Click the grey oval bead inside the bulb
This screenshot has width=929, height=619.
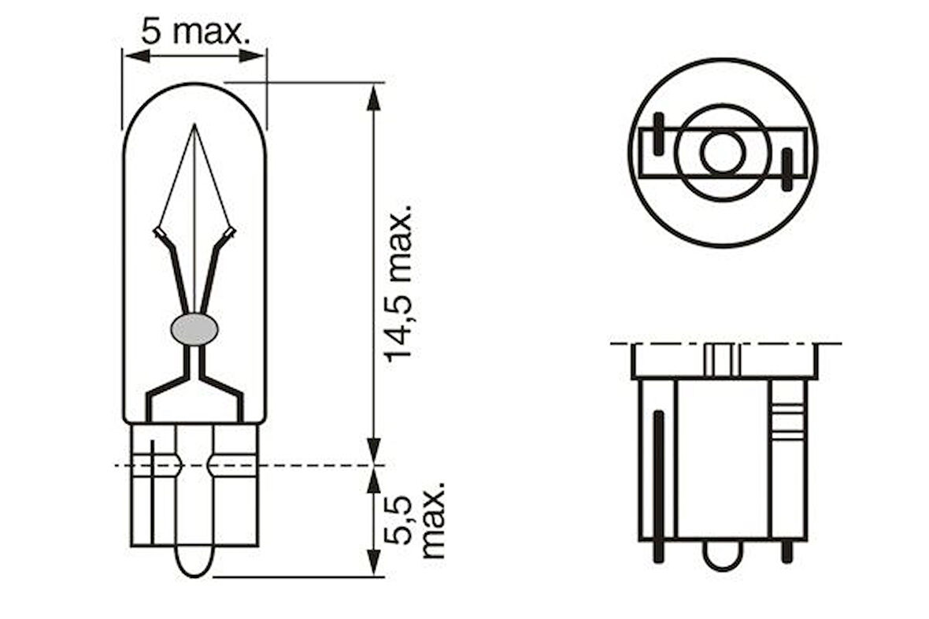194,328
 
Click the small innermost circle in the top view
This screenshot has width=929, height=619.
722,153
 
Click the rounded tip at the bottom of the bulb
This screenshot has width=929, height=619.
194,563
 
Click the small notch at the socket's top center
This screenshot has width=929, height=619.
721,360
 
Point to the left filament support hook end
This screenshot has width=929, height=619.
159,233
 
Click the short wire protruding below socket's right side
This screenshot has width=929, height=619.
786,550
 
